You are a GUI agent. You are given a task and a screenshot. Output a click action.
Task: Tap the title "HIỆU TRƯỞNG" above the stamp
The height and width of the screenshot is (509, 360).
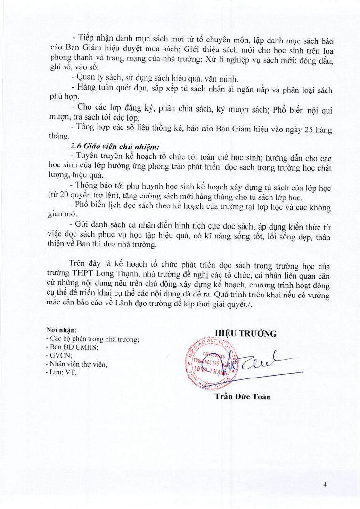tap(245, 334)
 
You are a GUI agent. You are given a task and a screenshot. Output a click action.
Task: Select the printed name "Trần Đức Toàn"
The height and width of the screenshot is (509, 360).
tap(243, 396)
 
